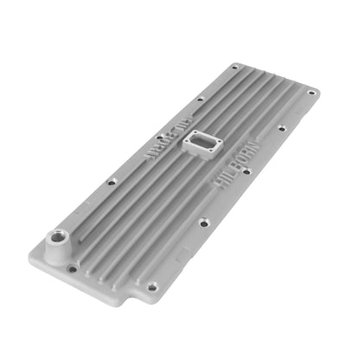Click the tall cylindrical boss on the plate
(x=58, y=247)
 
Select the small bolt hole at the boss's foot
(x=72, y=269)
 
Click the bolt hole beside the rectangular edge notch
(x=152, y=287)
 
